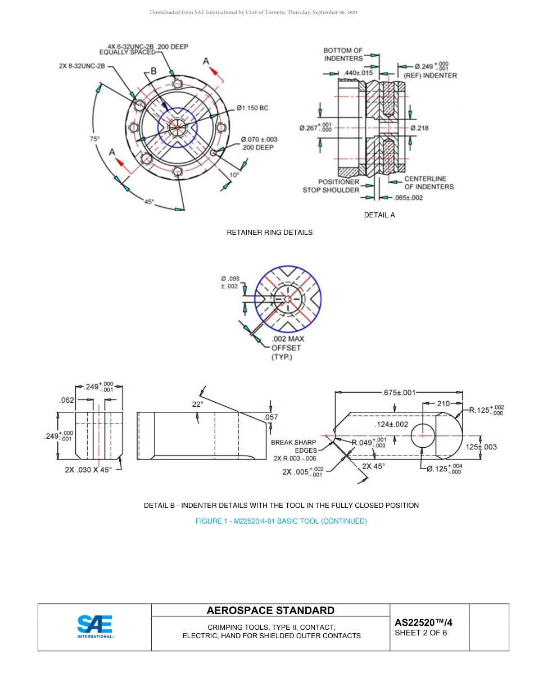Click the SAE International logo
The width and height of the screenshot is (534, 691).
click(x=95, y=627)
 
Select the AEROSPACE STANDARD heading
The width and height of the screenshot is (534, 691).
click(x=270, y=610)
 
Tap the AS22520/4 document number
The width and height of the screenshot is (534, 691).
click(x=423, y=622)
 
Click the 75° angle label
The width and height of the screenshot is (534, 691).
click(x=95, y=138)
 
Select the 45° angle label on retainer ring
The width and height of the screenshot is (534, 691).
click(x=149, y=202)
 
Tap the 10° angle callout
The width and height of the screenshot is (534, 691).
click(x=234, y=175)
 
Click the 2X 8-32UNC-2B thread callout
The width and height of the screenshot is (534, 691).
click(x=82, y=66)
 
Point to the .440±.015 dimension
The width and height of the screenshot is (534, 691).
click(x=358, y=73)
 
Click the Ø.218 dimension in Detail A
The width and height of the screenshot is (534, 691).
click(x=419, y=128)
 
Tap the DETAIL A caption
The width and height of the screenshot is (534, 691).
click(x=379, y=215)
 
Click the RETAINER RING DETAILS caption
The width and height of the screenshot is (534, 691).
click(x=269, y=232)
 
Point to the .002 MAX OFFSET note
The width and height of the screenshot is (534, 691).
click(x=287, y=348)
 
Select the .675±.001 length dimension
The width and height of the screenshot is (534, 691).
click(x=399, y=393)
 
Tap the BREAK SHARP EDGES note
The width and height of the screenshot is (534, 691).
click(x=293, y=446)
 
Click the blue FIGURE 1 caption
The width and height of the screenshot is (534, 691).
click(x=281, y=521)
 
